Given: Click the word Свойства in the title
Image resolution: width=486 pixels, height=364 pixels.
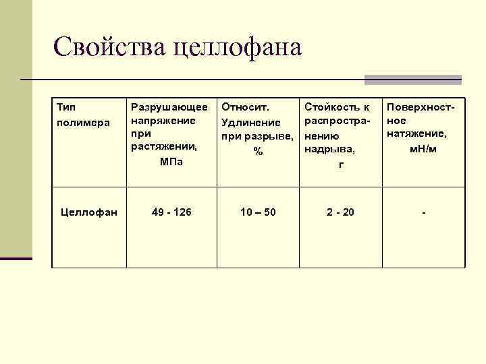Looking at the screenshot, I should click(109, 47).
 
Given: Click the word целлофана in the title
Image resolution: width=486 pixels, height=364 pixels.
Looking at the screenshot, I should click(238, 47).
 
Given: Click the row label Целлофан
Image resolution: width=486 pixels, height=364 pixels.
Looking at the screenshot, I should click(89, 212).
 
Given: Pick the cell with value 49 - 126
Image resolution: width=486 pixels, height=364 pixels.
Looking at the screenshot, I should click(171, 212).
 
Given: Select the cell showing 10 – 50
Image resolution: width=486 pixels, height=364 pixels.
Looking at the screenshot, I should click(258, 212).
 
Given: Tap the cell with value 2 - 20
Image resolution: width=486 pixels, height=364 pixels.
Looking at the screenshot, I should click(340, 212).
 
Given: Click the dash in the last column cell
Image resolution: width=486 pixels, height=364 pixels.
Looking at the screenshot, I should click(423, 213).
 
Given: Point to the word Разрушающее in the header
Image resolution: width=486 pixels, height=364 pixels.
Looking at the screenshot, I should click(169, 107).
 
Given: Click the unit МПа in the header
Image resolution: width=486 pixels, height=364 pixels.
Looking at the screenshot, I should click(171, 162).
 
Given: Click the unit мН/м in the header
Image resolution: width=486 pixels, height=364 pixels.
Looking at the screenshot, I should click(423, 148).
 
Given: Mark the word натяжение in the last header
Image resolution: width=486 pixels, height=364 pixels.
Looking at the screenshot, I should click(416, 134).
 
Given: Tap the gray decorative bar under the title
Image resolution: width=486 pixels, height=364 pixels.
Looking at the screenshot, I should click(412, 80).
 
